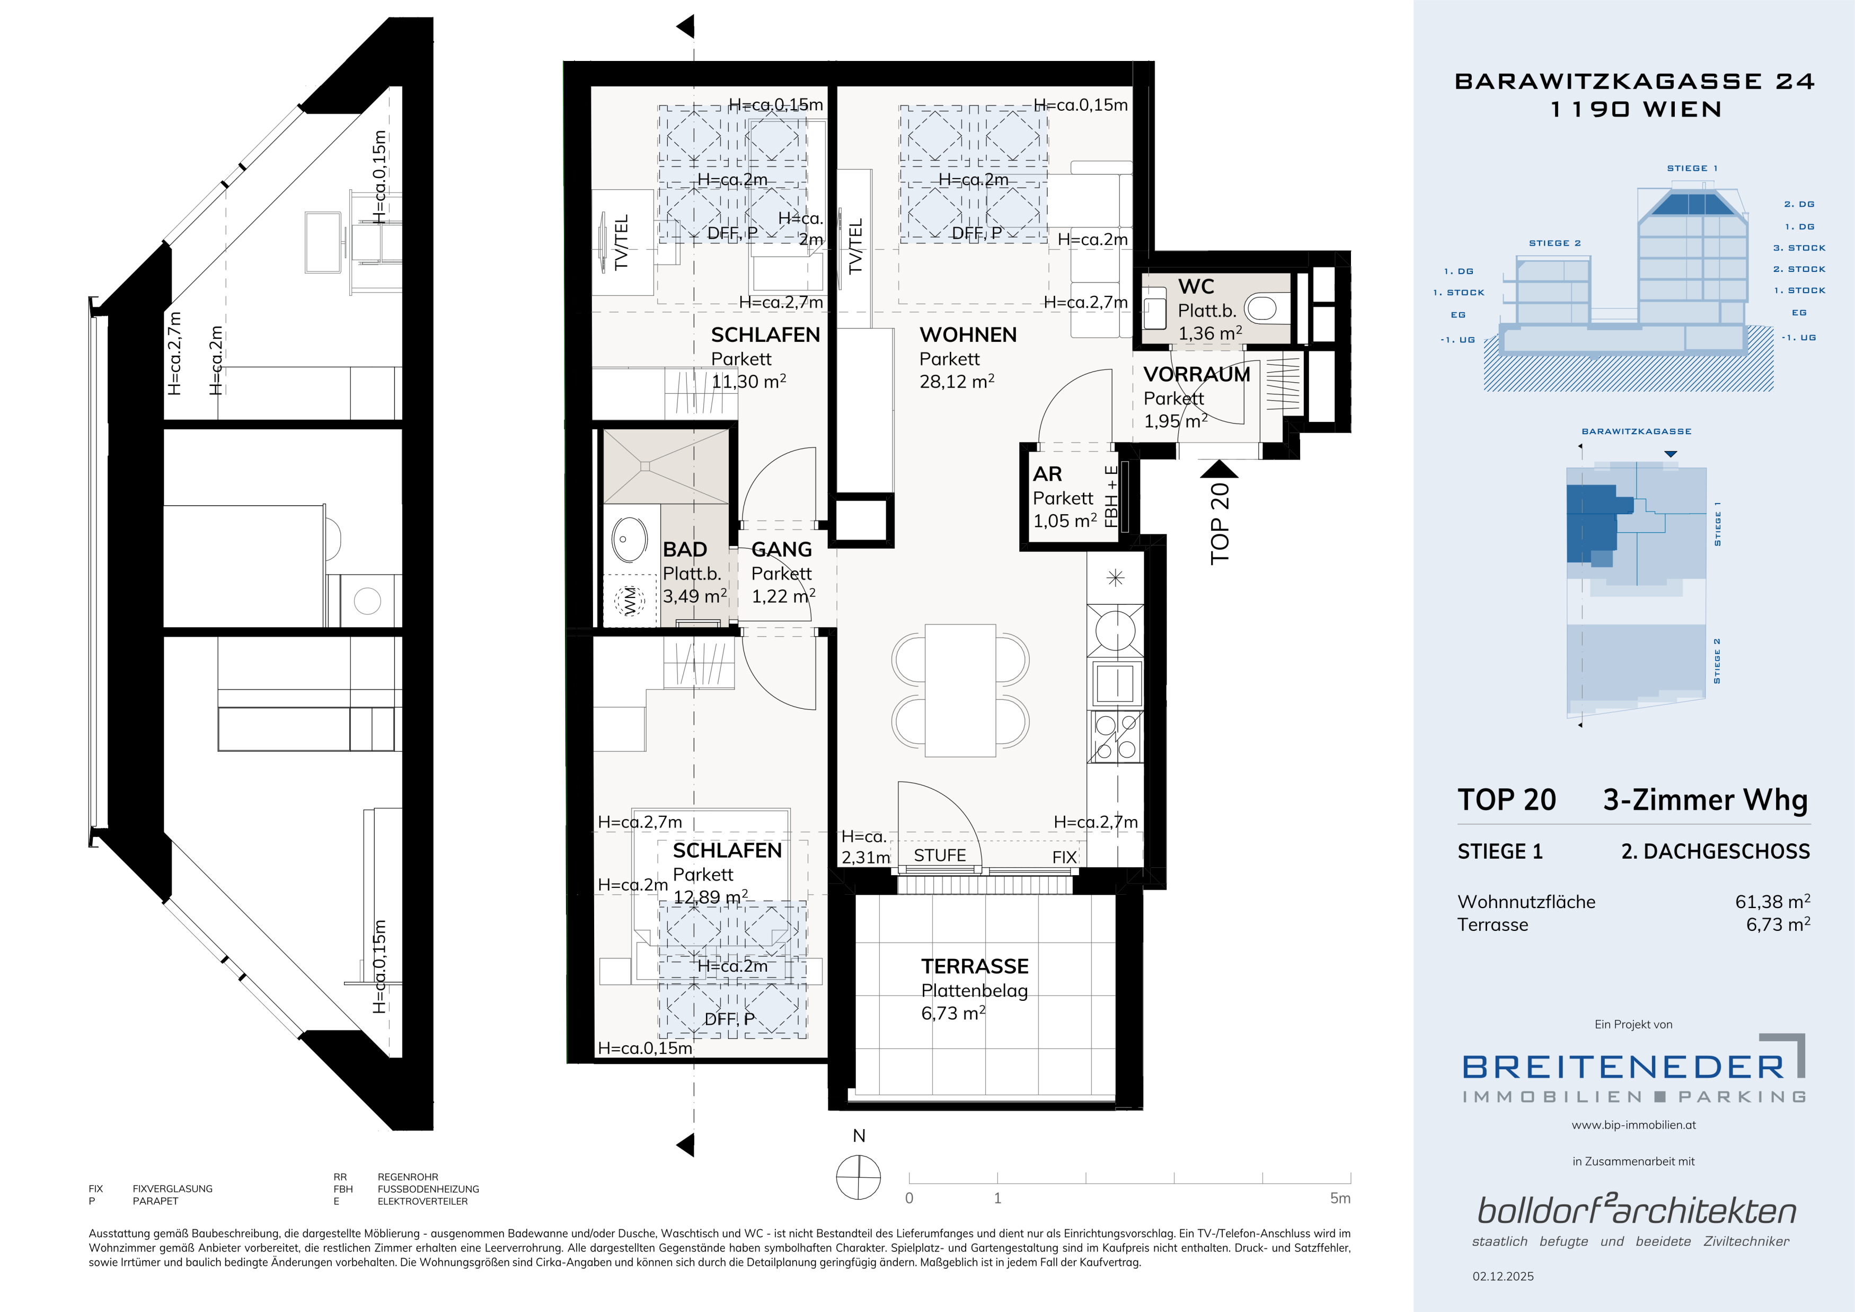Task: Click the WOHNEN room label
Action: (968, 334)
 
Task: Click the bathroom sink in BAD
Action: (630, 539)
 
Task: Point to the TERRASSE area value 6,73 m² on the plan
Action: (953, 1013)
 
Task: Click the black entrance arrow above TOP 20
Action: (1218, 469)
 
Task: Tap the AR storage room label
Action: (1047, 474)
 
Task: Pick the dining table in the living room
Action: (960, 690)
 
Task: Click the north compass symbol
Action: (859, 1177)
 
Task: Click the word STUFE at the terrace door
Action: (940, 856)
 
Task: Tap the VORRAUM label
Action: (1197, 375)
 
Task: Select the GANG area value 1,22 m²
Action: (783, 596)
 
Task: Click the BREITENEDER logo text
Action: (1623, 1067)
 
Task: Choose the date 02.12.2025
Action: (1503, 1276)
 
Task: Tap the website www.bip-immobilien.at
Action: (1633, 1124)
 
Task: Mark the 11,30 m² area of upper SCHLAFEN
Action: (748, 381)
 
